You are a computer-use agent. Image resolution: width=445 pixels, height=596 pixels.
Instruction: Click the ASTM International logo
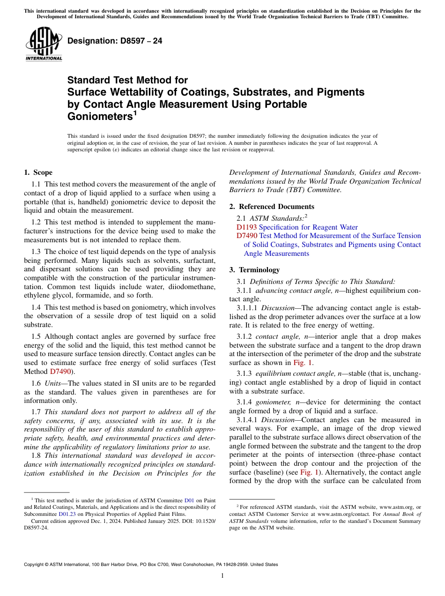tap(44, 44)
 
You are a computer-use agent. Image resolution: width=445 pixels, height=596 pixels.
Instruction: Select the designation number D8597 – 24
tap(115, 41)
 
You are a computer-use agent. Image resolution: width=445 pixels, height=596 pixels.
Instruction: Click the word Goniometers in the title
tap(98, 116)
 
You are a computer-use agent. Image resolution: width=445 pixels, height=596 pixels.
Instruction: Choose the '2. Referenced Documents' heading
tap(272, 207)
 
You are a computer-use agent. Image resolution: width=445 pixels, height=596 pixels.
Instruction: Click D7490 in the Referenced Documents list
tap(247, 236)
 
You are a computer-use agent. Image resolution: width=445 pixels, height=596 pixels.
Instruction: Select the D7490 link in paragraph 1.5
tap(60, 372)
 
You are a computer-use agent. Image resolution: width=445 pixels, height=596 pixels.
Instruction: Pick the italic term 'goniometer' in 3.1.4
tap(272, 402)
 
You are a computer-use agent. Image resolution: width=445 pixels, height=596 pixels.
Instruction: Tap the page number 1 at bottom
tap(222, 575)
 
